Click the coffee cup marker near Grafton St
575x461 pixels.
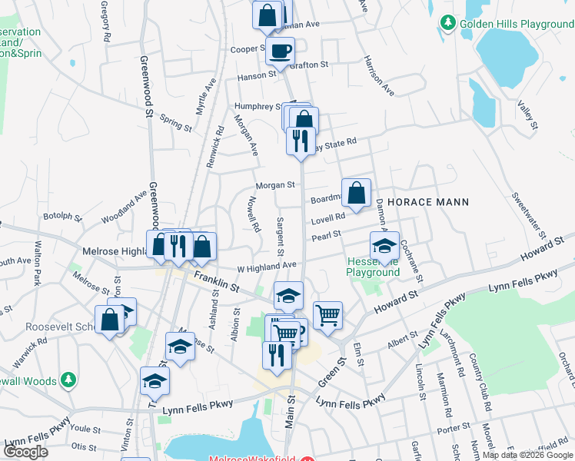coord(280,51)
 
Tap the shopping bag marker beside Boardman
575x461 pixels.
coord(357,194)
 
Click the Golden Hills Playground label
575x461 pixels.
coord(517,24)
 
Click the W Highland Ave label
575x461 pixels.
coord(266,266)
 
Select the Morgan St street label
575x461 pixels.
coord(275,185)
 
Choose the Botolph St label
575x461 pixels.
coord(62,217)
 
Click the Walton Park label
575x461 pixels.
coord(37,265)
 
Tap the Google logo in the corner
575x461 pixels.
coord(25,452)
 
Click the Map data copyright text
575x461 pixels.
coord(527,455)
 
